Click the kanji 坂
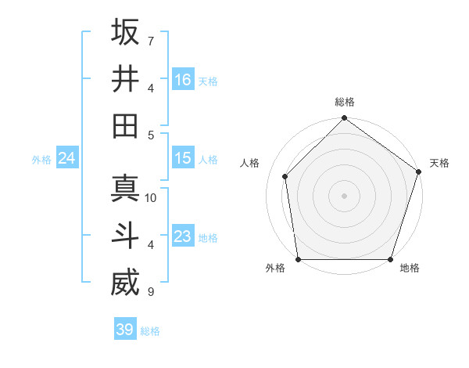pos(125,33)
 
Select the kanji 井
pos(125,79)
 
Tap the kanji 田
pos(125,126)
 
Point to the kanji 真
pos(125,189)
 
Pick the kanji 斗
pos(125,236)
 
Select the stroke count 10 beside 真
pos(152,197)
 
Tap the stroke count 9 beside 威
pos(150,292)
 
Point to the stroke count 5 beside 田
pos(150,135)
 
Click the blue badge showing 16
pos(183,80)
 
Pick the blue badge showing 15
pos(183,158)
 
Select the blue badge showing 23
pos(183,236)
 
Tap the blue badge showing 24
pos(67,158)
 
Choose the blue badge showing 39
pos(125,330)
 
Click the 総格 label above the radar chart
pos(345,103)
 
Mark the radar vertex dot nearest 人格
pos(285,176)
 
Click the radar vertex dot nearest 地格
pos(390,259)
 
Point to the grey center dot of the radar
pos(345,195)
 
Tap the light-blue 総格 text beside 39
pos(150,331)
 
